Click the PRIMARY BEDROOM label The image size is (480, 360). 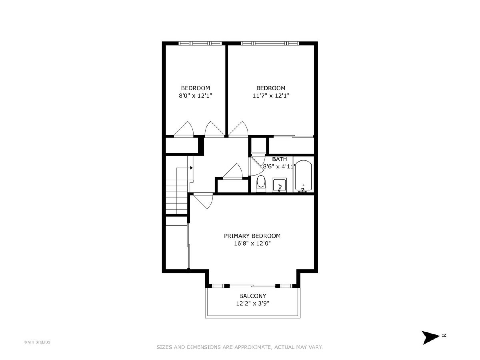252,236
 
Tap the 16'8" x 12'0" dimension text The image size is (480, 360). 252,243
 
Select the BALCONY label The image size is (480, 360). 252,296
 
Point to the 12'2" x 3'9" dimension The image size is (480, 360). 252,303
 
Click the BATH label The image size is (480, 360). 279,159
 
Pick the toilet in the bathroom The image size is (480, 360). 261,184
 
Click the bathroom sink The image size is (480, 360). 279,185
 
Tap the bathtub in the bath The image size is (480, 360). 304,176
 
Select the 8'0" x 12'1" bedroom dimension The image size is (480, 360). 196,96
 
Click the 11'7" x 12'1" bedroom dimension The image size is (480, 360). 271,96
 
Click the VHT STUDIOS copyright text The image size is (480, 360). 37,342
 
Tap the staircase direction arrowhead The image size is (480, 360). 191,168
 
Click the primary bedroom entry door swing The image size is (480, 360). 203,201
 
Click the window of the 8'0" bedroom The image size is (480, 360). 200,43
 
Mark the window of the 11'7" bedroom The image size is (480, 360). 270,43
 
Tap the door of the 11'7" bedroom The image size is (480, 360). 238,128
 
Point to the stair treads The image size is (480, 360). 177,196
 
